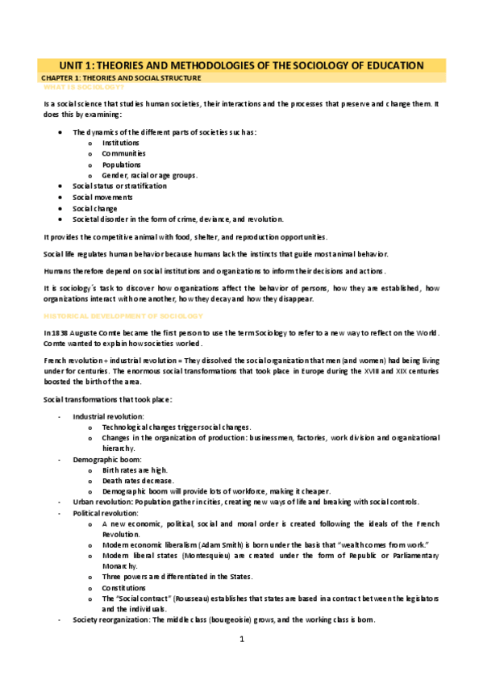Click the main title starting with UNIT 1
pos(242,65)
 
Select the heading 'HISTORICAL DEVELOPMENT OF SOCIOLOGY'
pos(123,315)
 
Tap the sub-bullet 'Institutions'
pos(120,142)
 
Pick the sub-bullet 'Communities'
pos(123,153)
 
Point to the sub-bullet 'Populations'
pos(122,164)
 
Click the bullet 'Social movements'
pos(102,197)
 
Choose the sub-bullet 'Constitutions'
pos(124,589)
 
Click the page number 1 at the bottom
pos(241,640)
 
